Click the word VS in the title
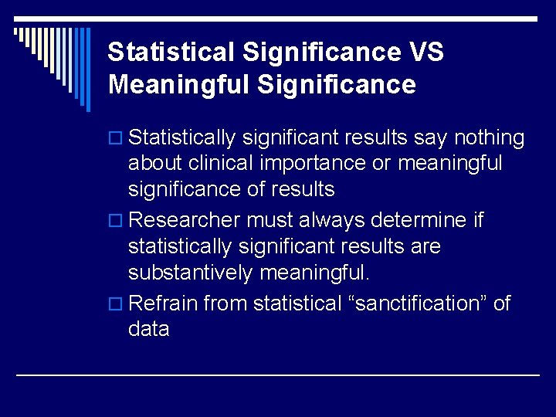423,53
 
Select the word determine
419,221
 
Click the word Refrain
163,303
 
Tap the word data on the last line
149,329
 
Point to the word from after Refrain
225,303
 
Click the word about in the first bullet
154,164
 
